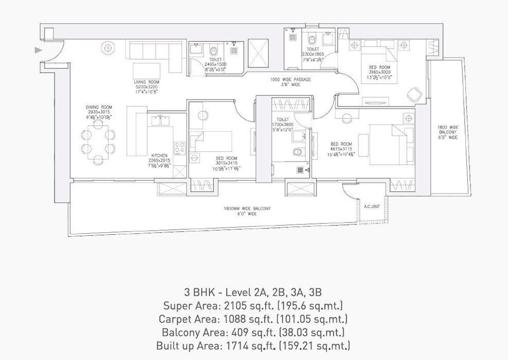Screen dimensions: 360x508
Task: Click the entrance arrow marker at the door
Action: coord(38,50)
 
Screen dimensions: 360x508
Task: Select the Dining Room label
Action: coord(98,107)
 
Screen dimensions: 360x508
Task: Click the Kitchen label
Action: coord(160,155)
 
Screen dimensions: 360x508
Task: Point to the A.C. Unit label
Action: coord(372,206)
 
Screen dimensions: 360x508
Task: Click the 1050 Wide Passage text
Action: coord(291,79)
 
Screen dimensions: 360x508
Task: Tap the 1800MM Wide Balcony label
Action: coord(247,208)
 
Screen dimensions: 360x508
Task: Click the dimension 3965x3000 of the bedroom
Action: coord(379,73)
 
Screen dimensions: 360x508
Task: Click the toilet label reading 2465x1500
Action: coord(216,64)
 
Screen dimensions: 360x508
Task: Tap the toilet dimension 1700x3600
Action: coord(282,124)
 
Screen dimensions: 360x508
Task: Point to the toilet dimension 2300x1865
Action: coord(312,54)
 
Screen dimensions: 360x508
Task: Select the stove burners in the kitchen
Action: coord(180,148)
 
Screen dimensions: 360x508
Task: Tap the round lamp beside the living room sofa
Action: coord(108,48)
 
